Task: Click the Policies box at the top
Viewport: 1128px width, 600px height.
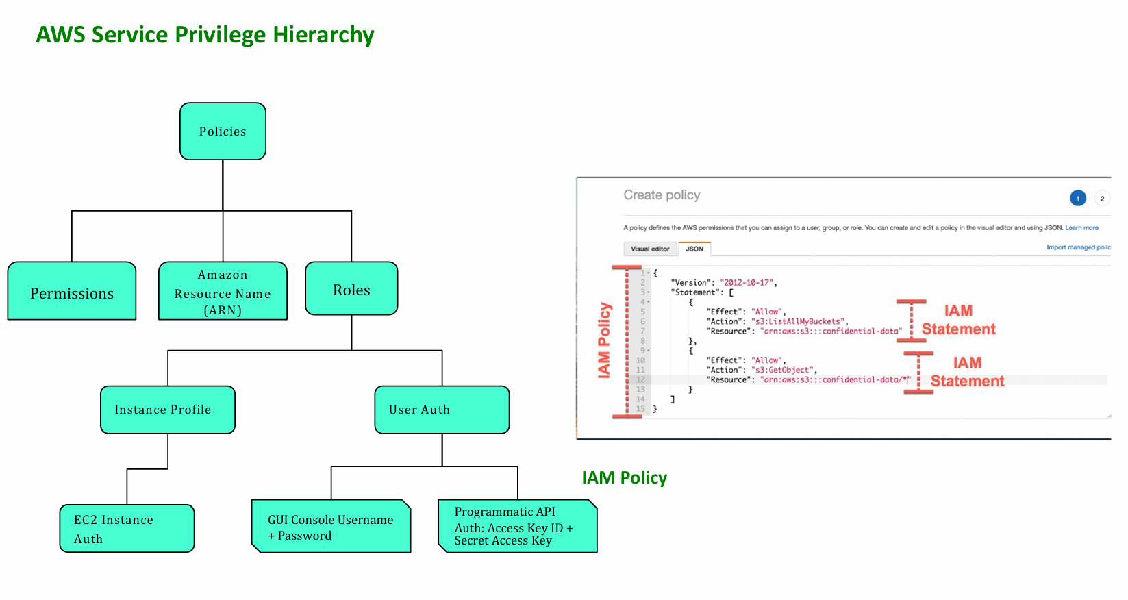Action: (x=223, y=132)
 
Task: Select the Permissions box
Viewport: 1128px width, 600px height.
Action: (x=72, y=292)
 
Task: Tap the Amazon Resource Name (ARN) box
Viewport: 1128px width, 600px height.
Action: (x=223, y=292)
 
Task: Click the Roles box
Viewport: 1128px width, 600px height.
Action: (x=351, y=289)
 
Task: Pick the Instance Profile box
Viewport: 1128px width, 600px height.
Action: (x=168, y=410)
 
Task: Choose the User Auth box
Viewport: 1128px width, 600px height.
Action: (x=442, y=410)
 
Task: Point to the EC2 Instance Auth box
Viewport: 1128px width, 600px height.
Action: (x=127, y=529)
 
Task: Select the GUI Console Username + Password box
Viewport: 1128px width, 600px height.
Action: (x=331, y=527)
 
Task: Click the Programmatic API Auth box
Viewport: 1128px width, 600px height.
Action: (x=517, y=526)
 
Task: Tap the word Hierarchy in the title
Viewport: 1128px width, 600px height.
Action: (x=323, y=34)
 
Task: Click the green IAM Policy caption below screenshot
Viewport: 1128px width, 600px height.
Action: (x=624, y=477)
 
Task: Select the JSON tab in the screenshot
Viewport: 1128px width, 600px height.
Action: (x=694, y=249)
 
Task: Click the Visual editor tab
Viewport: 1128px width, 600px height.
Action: (x=650, y=249)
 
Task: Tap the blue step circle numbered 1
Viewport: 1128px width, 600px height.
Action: (x=1078, y=198)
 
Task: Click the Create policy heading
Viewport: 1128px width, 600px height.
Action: (x=662, y=195)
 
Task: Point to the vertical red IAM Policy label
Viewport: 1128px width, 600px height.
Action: (x=604, y=340)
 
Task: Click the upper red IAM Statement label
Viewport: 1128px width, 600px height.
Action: (x=958, y=320)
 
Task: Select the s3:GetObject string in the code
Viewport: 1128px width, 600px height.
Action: (x=782, y=370)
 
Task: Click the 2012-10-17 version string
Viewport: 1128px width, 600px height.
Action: (x=747, y=282)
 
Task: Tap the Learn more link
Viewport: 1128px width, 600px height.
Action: (x=1081, y=228)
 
